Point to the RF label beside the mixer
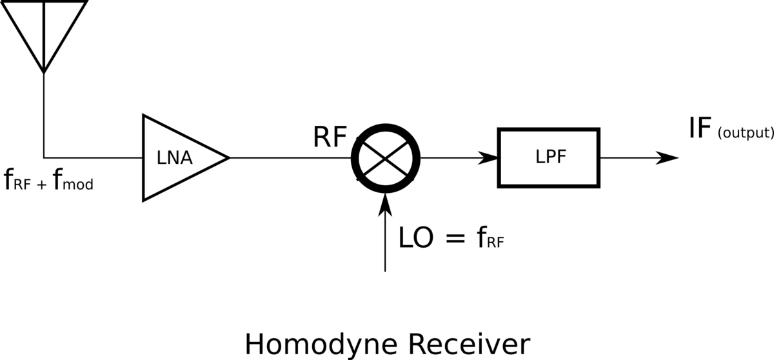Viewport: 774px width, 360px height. (x=330, y=137)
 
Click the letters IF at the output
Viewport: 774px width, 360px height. (x=700, y=131)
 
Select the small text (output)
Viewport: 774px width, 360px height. (x=745, y=134)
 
